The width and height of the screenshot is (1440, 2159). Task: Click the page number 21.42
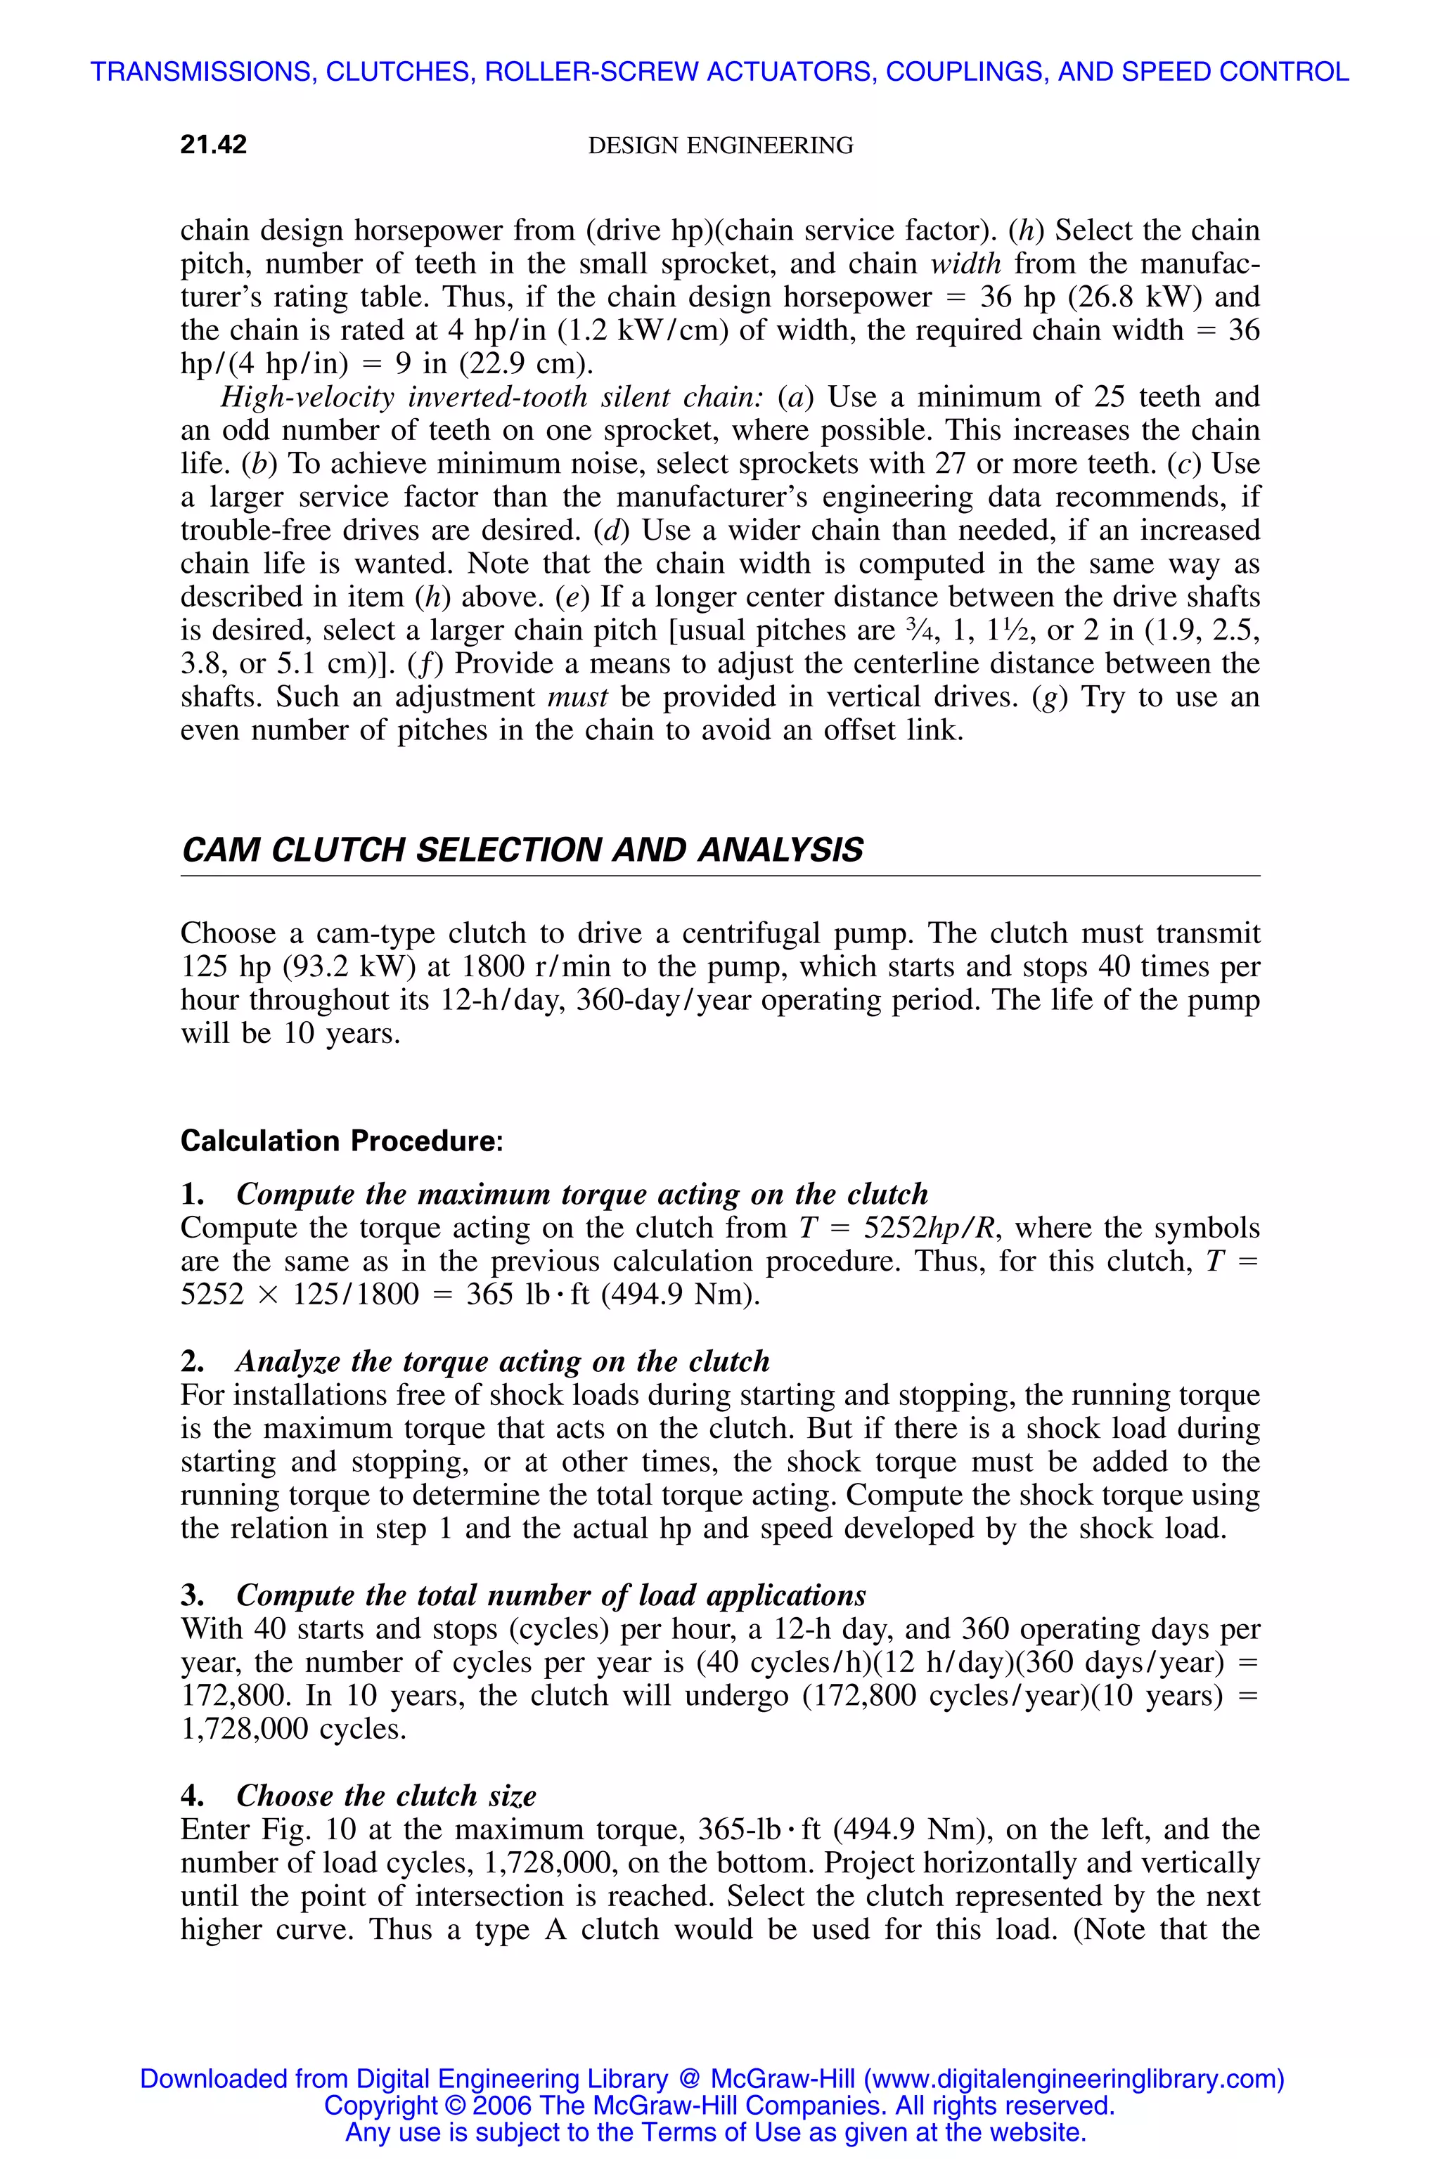[213, 144]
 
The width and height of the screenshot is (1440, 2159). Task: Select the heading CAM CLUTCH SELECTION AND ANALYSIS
[522, 849]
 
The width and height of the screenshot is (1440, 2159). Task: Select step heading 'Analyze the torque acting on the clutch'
[502, 1361]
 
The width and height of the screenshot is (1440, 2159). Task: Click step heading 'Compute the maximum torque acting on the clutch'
[581, 1193]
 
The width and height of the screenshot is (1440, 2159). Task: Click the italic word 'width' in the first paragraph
[965, 264]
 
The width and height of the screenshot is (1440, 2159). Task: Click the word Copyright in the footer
[380, 2105]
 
